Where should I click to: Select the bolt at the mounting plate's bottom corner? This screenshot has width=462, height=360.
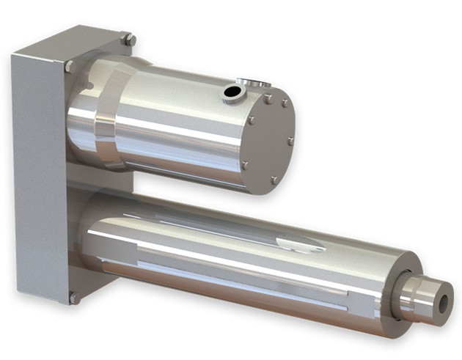pyautogui.click(x=73, y=298)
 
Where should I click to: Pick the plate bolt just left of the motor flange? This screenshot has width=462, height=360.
pyautogui.click(x=70, y=66)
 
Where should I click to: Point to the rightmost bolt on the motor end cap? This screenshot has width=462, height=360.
pyautogui.click(x=290, y=141)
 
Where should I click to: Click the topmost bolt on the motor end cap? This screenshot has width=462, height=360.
pyautogui.click(x=269, y=98)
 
